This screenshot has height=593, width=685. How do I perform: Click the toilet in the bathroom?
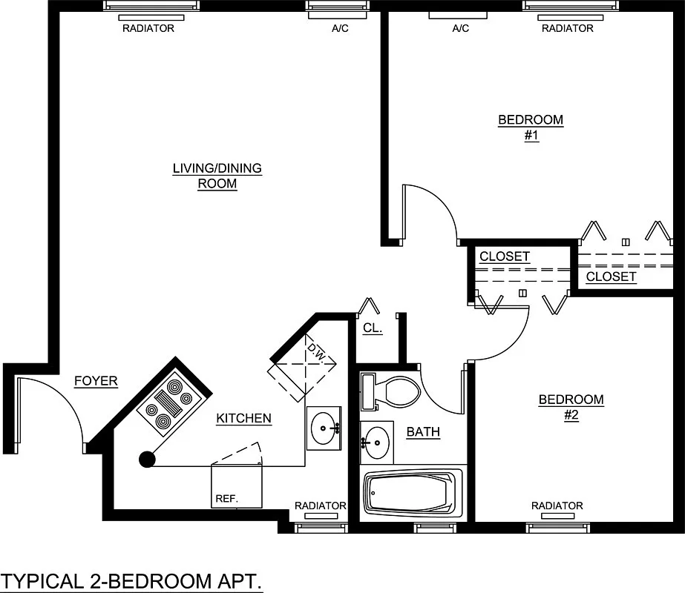point(393,391)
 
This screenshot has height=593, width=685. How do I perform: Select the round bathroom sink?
point(377,443)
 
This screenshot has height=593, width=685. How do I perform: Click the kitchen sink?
point(324,427)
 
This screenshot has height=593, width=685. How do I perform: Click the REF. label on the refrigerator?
point(226,499)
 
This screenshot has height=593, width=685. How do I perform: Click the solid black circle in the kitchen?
point(147,460)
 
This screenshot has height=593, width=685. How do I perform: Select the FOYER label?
point(96,381)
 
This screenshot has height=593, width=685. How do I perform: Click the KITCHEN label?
point(243,419)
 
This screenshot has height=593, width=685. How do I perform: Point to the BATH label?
point(423,431)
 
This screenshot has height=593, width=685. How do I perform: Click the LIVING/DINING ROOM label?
point(217,176)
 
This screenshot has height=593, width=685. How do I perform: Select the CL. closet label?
point(373,328)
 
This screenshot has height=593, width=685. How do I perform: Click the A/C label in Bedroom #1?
point(460,29)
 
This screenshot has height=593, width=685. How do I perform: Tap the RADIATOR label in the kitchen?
point(320,506)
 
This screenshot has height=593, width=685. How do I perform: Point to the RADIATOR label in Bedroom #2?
point(557,506)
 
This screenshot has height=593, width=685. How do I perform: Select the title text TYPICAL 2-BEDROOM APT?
point(132,580)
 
